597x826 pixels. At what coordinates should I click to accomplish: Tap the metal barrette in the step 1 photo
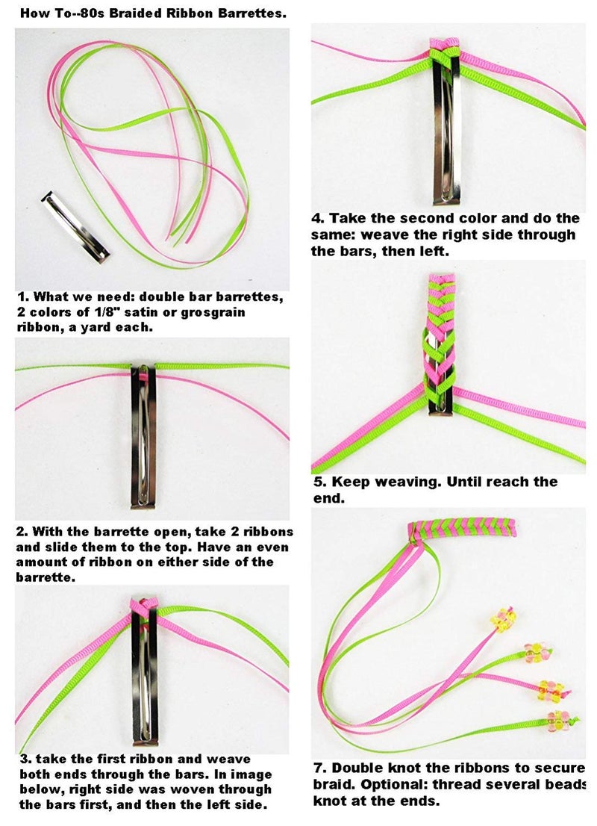[x=75, y=227]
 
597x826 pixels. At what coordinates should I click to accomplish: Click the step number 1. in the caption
[x=22, y=296]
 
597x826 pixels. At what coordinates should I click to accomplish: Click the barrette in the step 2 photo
[x=144, y=435]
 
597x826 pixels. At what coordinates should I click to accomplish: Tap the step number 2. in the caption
[x=22, y=532]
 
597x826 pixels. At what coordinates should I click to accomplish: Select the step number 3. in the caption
[x=26, y=759]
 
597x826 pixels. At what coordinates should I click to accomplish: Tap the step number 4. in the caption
[x=318, y=218]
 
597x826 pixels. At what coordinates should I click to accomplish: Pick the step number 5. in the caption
[x=319, y=482]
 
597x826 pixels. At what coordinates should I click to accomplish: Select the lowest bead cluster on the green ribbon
[x=558, y=720]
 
